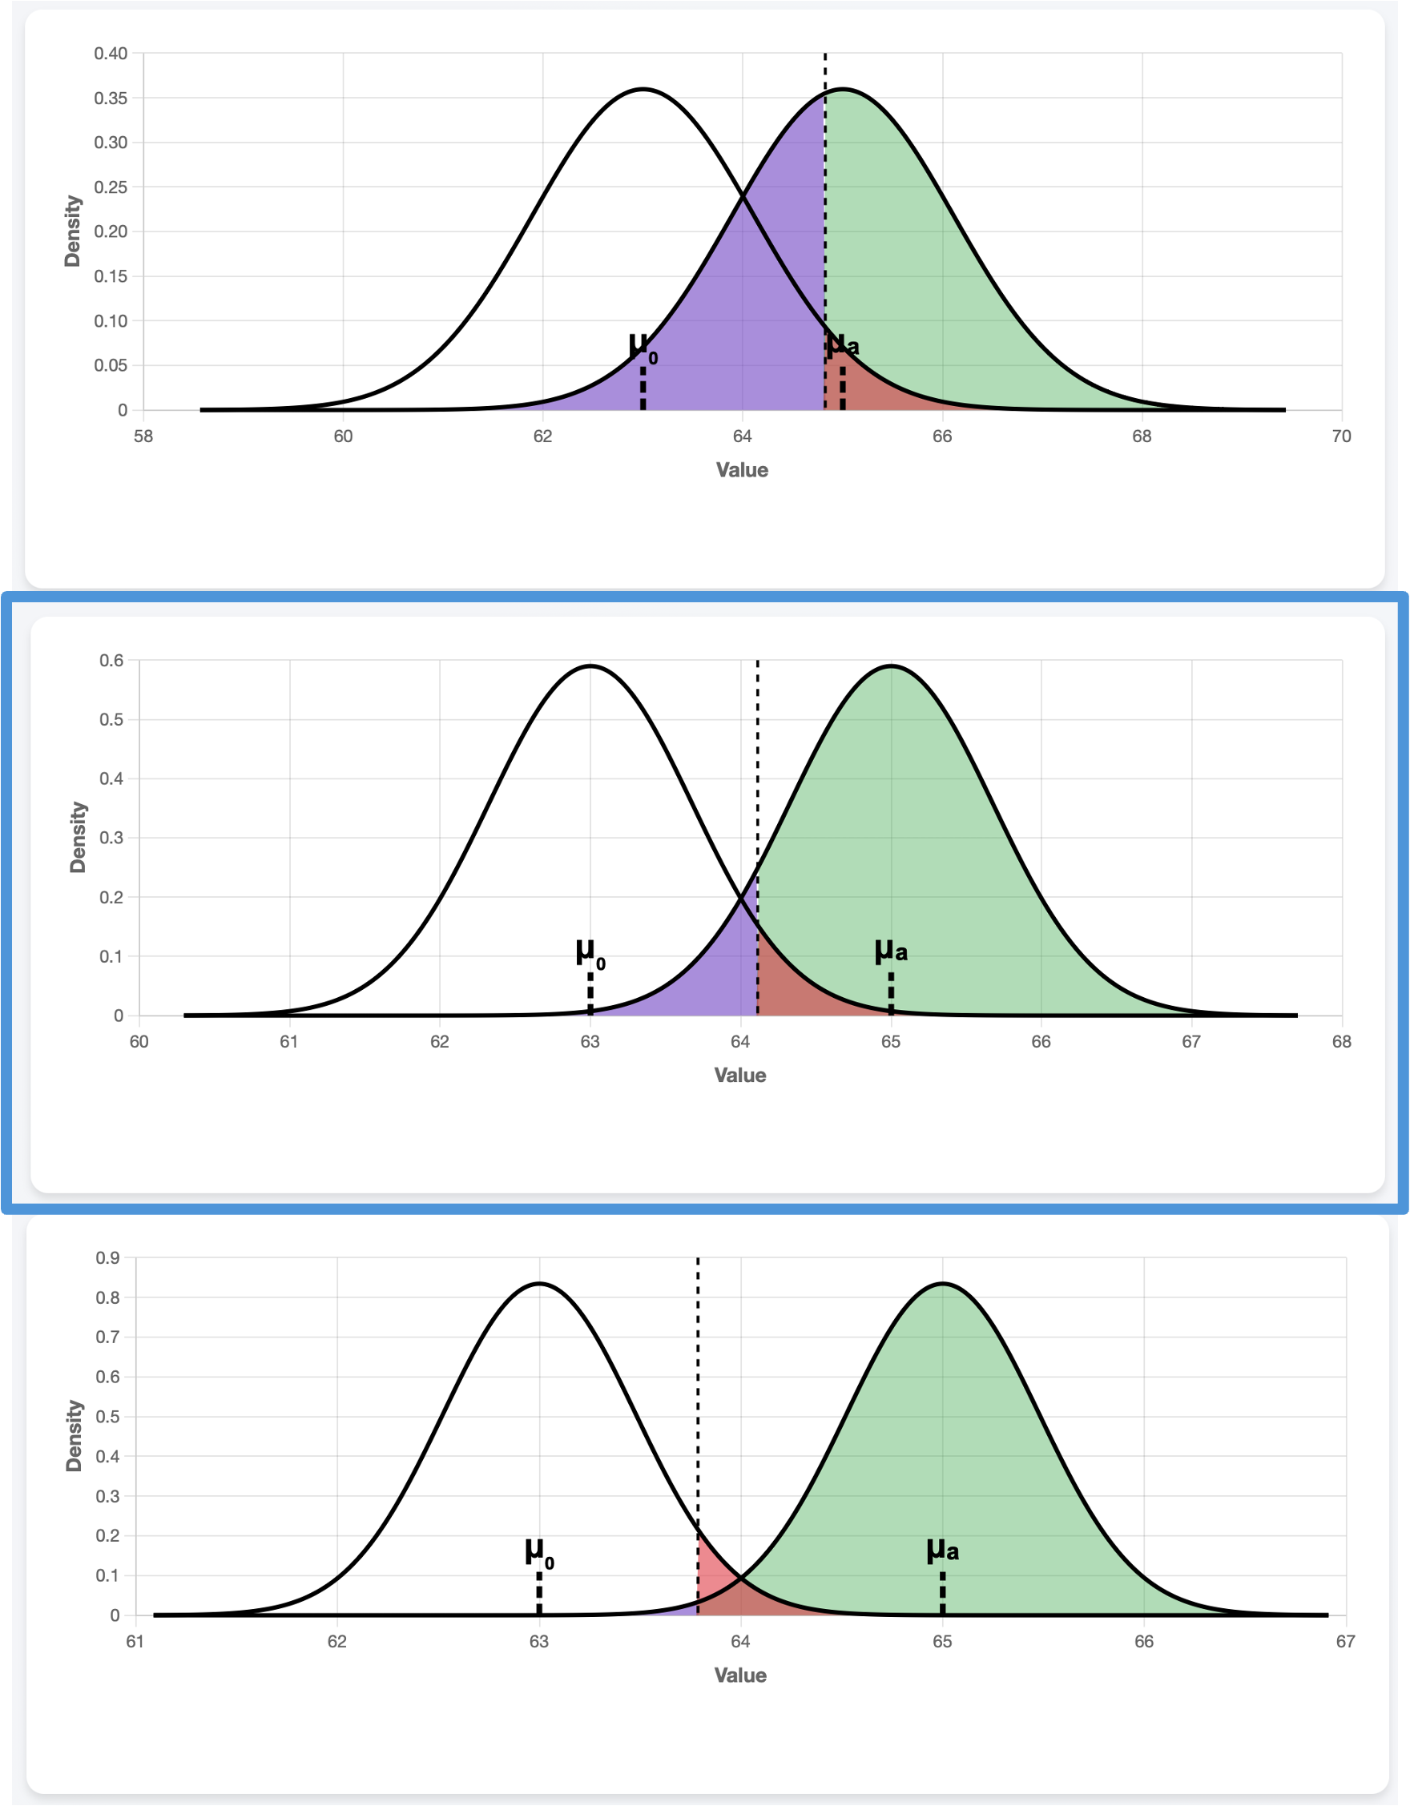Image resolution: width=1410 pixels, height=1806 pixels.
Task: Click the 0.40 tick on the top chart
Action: coord(110,54)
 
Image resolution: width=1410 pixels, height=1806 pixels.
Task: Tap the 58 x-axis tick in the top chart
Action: coord(143,436)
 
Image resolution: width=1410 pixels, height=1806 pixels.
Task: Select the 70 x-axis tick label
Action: coord(1341,436)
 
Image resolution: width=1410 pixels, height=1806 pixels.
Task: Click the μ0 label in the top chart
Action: coord(643,348)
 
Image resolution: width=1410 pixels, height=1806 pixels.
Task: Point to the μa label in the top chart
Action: coord(843,344)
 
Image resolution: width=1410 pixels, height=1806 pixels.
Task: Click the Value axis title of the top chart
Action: coord(742,470)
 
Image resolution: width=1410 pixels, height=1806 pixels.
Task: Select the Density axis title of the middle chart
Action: coord(78,837)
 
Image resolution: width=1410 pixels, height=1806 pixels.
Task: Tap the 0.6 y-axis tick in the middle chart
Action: coord(111,661)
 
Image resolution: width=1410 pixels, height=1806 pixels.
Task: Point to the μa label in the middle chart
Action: coord(891,951)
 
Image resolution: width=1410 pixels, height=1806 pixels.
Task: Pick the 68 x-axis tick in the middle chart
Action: coord(1341,1042)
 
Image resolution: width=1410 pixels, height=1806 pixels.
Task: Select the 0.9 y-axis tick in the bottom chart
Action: coord(107,1258)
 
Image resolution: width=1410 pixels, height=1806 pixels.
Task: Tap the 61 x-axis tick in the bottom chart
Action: coord(135,1642)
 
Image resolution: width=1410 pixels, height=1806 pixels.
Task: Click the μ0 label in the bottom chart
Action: coord(539,1553)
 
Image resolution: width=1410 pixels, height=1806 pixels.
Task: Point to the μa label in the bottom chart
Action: coord(942,1550)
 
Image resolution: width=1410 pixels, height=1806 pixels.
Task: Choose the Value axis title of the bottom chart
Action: coord(740,1675)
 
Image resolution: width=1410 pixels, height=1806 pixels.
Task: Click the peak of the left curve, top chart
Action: coord(643,90)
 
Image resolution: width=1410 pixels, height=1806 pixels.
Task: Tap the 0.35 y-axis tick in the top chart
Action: coord(110,99)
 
